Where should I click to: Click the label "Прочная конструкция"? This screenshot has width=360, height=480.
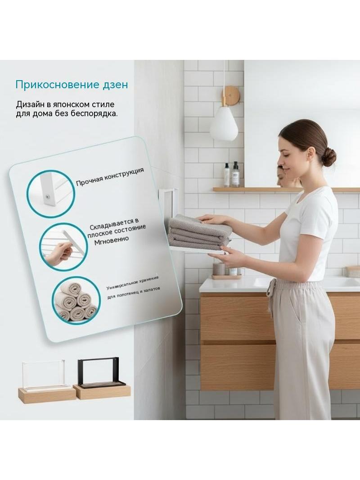coord(110,177)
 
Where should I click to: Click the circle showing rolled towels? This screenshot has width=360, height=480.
coord(76,301)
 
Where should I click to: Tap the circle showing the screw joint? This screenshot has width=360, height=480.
coord(51,194)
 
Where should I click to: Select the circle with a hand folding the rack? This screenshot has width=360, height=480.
coord(63,247)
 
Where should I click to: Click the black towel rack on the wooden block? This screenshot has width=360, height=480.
coord(102,372)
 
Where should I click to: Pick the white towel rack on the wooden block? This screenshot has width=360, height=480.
coord(44,375)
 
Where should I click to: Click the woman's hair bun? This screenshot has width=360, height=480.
coord(329,156)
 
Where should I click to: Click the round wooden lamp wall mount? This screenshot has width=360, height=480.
coord(230,95)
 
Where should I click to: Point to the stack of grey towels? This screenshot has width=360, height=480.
coord(200,232)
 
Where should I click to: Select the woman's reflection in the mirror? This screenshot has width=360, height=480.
coord(287,177)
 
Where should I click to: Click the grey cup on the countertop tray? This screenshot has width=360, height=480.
coord(219,269)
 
